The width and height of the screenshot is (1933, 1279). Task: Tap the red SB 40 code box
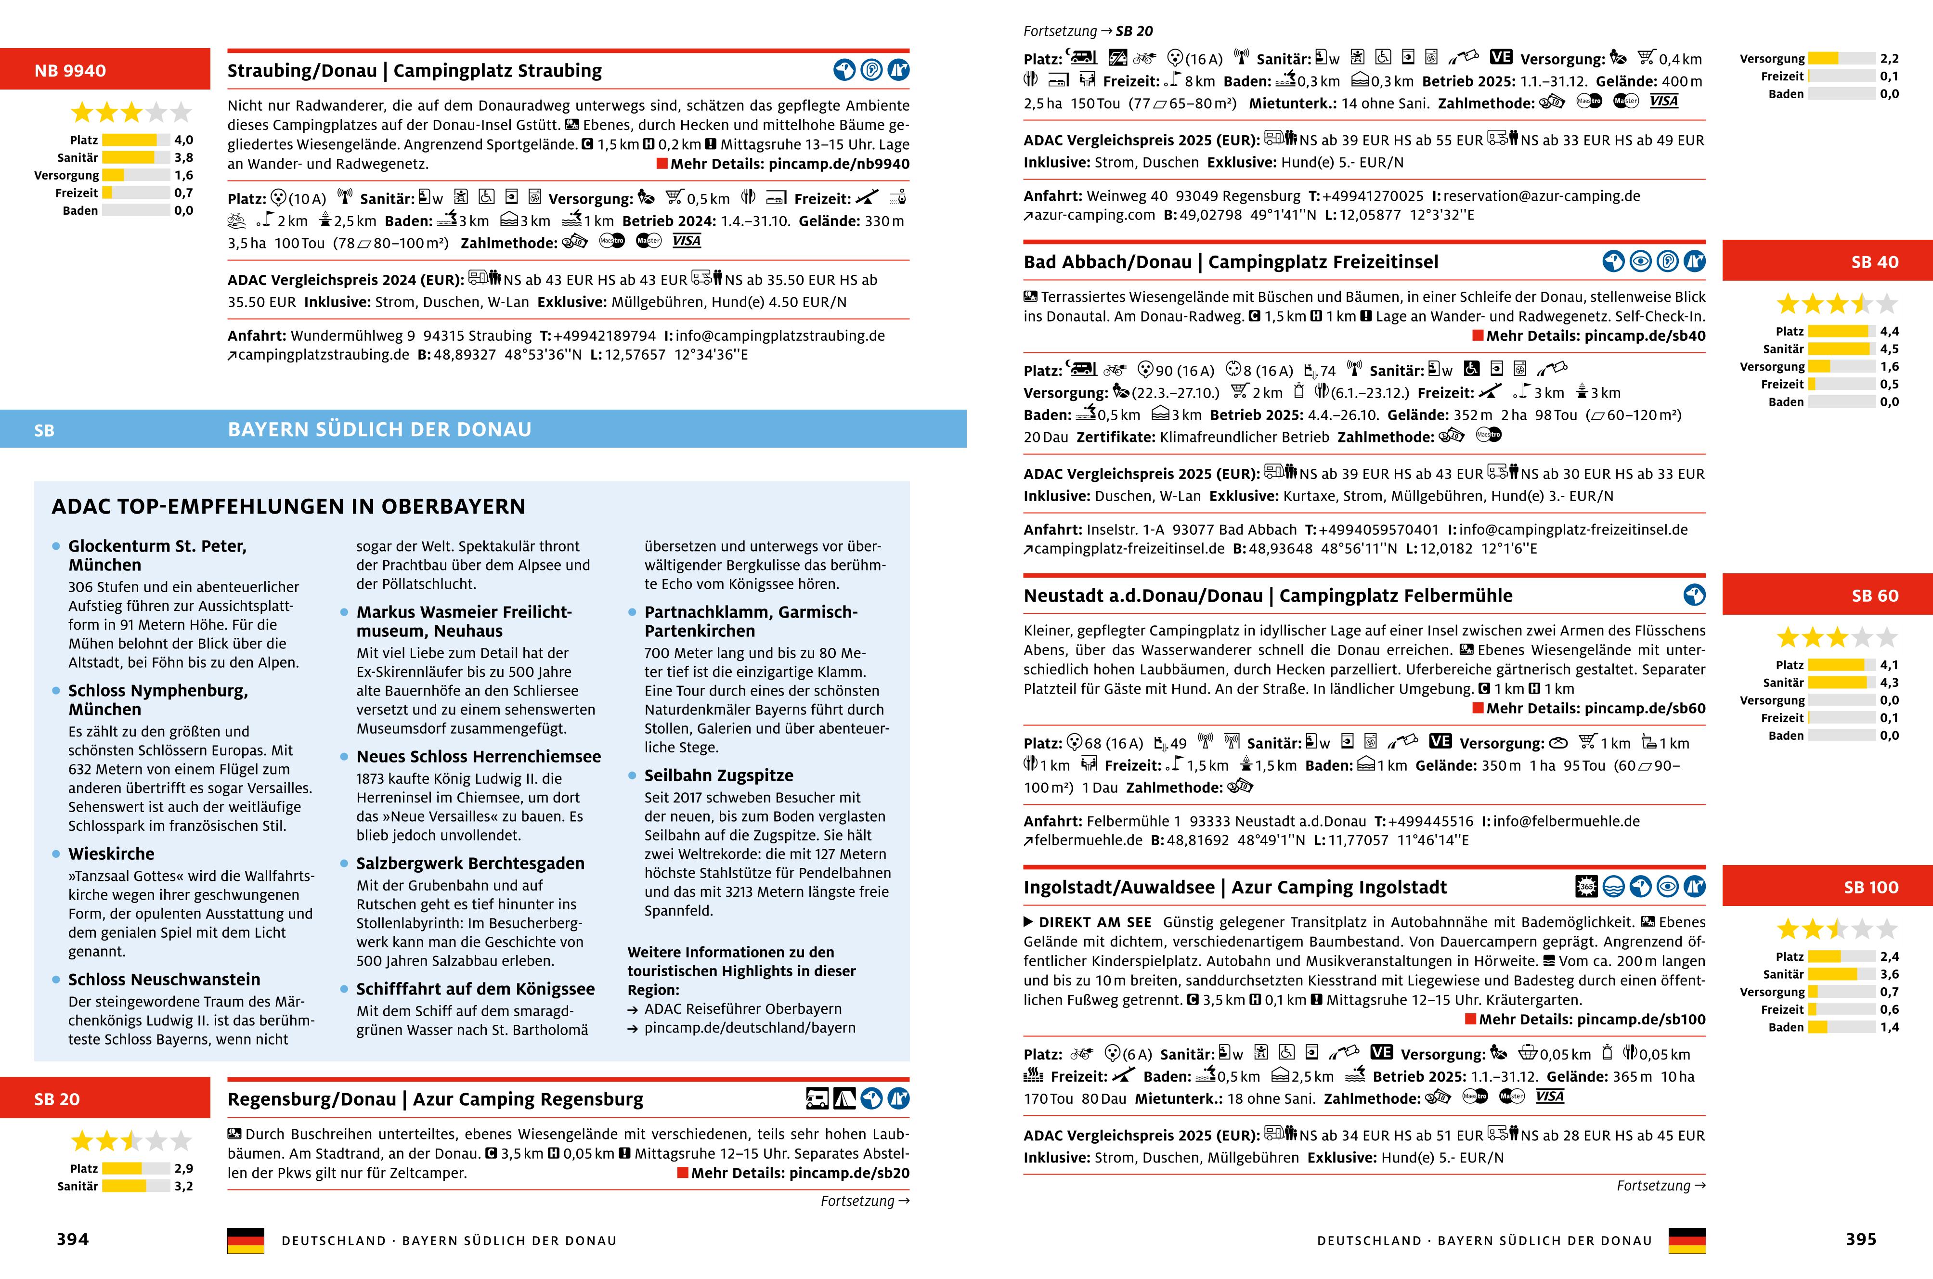coord(1827,262)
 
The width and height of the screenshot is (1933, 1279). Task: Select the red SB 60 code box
coord(1827,595)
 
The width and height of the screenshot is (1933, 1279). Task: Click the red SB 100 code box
coord(1827,887)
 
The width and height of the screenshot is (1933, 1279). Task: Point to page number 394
coord(73,1239)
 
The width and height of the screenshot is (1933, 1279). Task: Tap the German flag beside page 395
coord(1687,1240)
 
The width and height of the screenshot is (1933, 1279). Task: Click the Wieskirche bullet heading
coord(111,853)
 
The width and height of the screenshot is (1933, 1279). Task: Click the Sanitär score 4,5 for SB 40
coord(1889,349)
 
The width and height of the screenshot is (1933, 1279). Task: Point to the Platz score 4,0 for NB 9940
coord(183,140)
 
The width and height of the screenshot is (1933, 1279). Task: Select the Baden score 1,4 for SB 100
coord(1889,1027)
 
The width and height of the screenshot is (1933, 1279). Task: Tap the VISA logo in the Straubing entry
coord(687,241)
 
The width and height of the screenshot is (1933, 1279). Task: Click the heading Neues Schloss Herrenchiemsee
coord(479,756)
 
